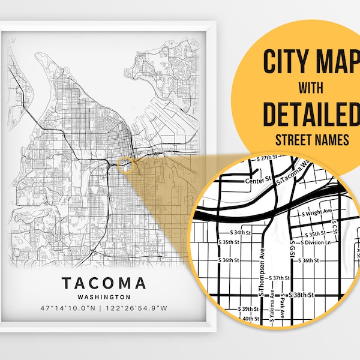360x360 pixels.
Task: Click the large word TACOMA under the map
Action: tap(103, 282)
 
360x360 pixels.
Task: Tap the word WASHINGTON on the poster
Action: tap(103, 297)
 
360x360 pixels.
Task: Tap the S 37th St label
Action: tap(281, 278)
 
